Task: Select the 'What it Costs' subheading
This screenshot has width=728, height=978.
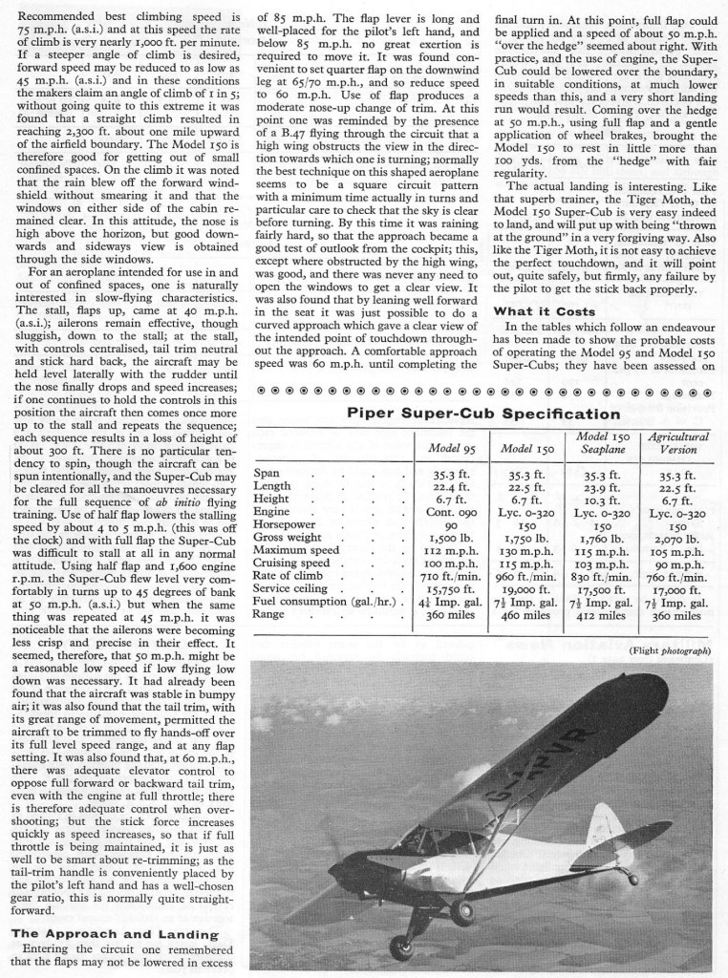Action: [546, 311]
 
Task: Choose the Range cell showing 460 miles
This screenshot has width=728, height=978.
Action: [525, 617]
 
